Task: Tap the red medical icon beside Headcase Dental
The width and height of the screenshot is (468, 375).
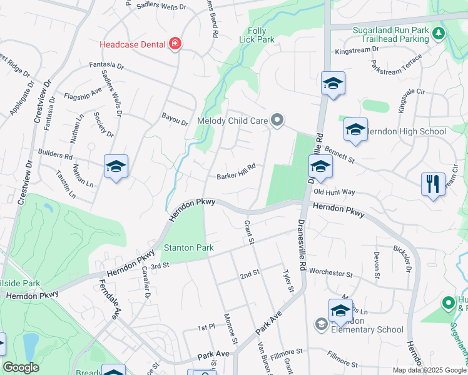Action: pos(175,44)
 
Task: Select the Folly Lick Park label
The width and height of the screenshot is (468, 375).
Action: pos(257,35)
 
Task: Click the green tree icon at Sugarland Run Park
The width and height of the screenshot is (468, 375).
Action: pos(440,33)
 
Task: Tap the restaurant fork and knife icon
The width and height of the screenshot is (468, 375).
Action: pos(433,184)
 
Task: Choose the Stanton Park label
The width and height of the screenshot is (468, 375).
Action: pos(189,248)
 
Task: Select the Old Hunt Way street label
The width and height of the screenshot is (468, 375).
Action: pos(334,192)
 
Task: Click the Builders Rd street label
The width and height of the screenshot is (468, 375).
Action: pos(55,152)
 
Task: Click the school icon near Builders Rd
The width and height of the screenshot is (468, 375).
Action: pos(116,166)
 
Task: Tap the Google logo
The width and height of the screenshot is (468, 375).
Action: pos(21,367)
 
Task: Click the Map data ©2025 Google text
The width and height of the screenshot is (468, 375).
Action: pos(429,370)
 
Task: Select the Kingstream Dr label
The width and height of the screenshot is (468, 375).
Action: pos(357,51)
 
